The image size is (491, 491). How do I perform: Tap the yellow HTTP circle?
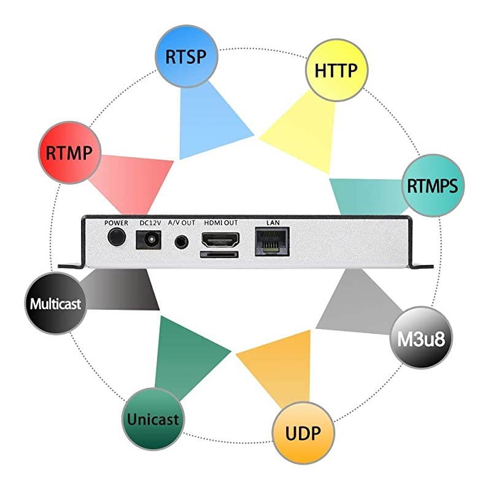[335, 70]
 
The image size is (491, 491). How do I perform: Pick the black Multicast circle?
[55, 303]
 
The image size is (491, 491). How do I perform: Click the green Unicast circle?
[152, 419]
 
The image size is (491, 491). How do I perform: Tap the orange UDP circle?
[303, 434]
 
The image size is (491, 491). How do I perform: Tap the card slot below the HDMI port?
[218, 253]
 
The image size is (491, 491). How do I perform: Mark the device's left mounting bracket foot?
[71, 266]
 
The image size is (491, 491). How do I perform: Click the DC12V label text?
[149, 222]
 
